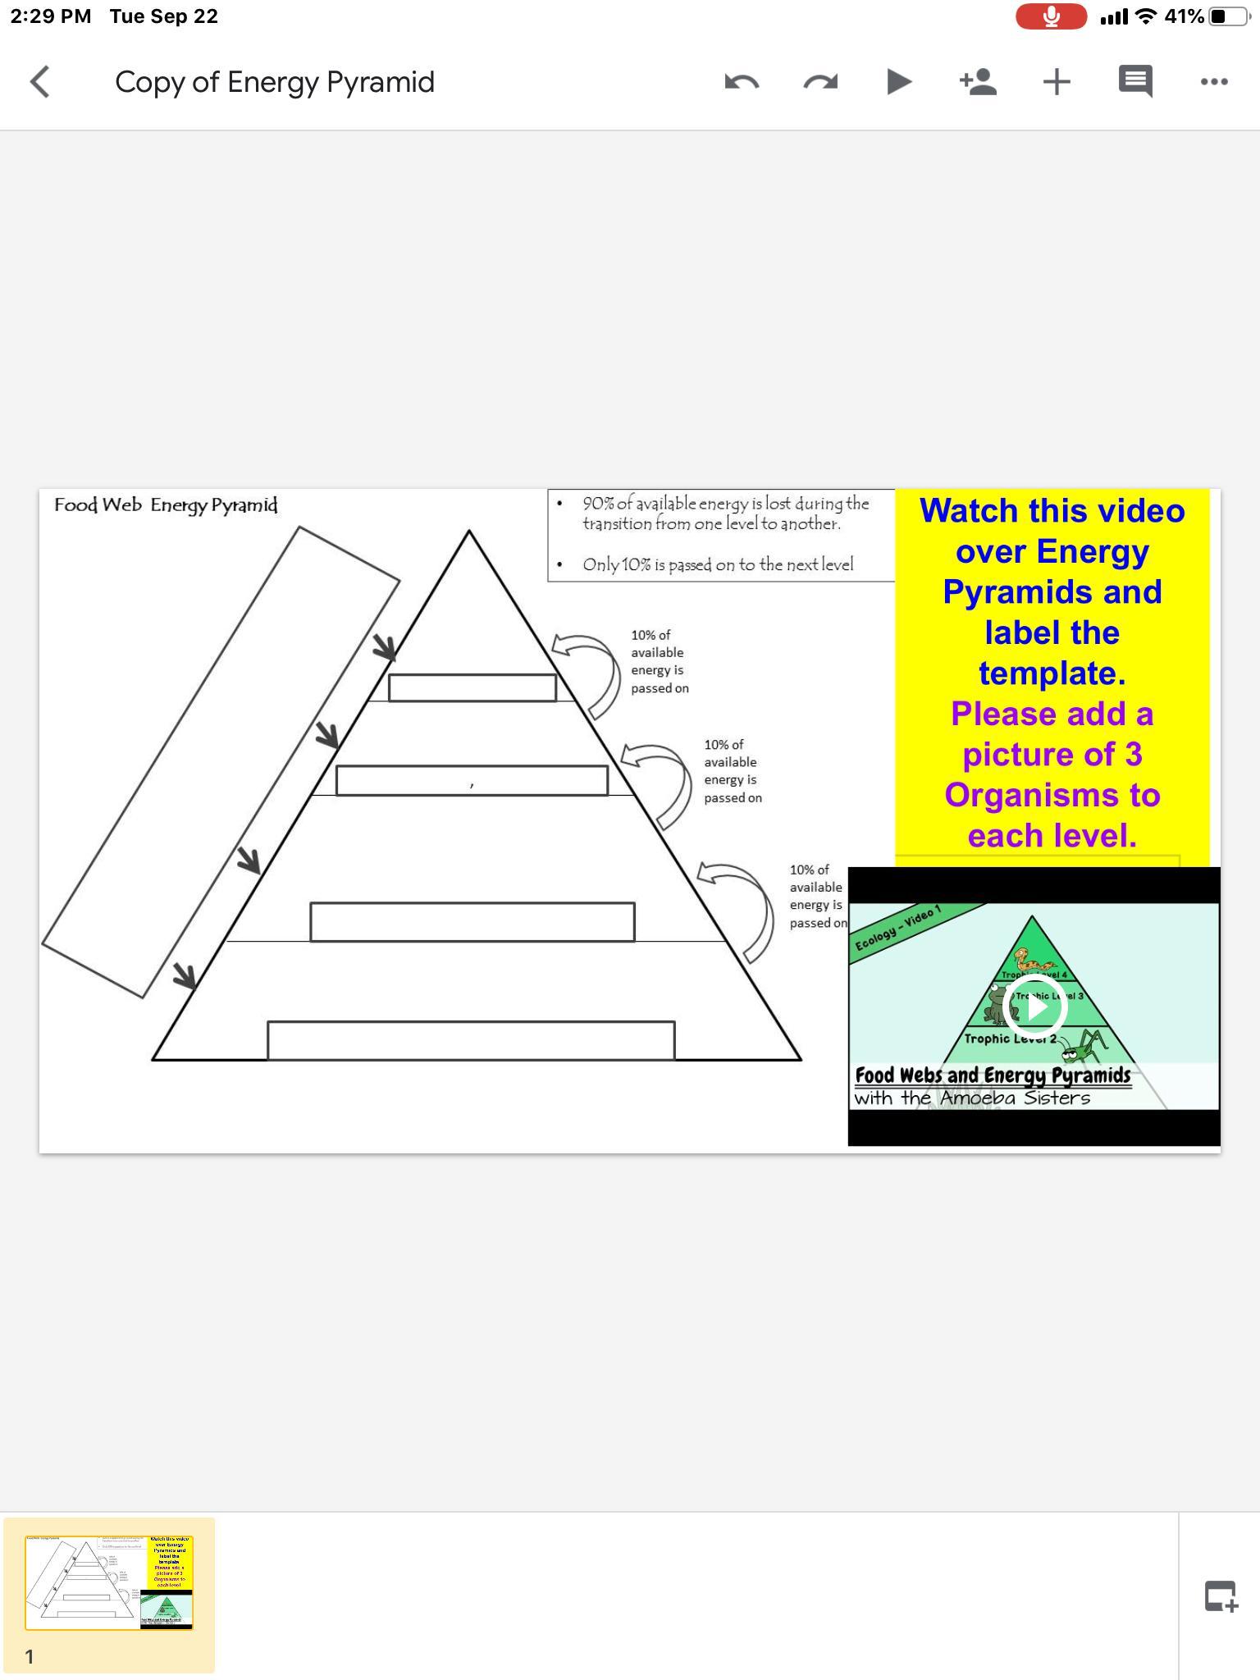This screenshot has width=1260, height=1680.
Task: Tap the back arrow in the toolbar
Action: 39,82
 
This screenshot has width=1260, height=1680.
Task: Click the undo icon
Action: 742,82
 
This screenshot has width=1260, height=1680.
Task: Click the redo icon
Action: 820,82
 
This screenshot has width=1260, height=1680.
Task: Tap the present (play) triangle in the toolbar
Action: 899,82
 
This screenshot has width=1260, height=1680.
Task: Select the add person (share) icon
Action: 978,82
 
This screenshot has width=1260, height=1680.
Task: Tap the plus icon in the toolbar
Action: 1057,82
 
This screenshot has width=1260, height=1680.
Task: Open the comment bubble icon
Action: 1135,81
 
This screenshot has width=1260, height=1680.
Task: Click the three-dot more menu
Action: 1214,82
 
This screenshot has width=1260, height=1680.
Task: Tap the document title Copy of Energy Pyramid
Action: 274,82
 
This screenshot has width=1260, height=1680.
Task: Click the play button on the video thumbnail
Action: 1035,1007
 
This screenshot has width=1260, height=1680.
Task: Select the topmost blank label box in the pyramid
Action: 472,688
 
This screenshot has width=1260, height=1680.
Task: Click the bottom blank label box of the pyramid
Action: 471,1040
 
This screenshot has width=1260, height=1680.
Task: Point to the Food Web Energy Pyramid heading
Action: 166,505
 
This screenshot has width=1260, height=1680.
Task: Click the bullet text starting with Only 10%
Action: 718,564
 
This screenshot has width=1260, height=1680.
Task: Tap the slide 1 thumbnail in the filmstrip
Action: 109,1582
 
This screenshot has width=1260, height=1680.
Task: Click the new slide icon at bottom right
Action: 1221,1596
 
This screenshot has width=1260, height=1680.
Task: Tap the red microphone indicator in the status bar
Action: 1051,16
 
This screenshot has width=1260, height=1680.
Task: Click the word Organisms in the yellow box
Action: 1052,795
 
